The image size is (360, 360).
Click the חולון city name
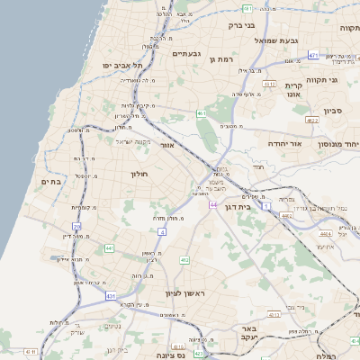pyautogui.click(x=138, y=174)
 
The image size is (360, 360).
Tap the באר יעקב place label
pyautogui.click(x=248, y=334)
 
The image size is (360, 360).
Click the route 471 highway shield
pyautogui.click(x=313, y=55)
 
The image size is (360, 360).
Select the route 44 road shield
pyautogui.click(x=212, y=205)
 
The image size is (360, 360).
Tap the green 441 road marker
pyautogui.click(x=109, y=247)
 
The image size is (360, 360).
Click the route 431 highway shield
pyautogui.click(x=111, y=295)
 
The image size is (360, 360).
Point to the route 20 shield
pyautogui.click(x=77, y=226)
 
